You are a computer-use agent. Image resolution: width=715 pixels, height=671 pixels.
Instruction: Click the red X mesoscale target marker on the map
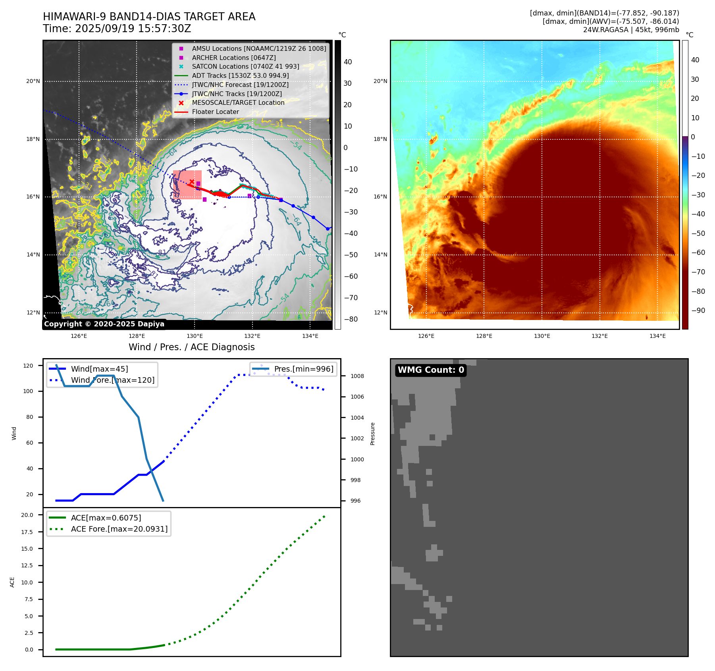click(x=192, y=181)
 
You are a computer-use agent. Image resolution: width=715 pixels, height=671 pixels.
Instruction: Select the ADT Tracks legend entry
click(x=240, y=75)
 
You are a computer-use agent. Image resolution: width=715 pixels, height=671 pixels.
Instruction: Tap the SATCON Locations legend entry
click(x=245, y=66)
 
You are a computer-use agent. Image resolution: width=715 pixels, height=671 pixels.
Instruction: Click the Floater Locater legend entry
click(x=215, y=112)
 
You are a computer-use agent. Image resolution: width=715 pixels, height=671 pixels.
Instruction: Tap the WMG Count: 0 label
click(x=431, y=370)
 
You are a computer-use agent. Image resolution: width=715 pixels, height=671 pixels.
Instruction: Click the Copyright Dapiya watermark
click(x=104, y=324)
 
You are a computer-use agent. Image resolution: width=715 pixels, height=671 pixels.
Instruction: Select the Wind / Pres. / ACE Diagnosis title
click(x=191, y=347)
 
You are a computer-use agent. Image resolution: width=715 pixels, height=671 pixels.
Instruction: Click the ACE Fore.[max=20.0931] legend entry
click(x=119, y=529)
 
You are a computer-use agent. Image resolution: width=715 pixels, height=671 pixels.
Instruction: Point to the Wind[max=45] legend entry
click(x=99, y=369)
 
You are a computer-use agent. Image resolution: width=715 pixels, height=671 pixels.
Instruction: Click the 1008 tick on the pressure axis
click(x=357, y=376)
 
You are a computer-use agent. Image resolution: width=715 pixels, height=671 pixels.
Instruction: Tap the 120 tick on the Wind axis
click(x=28, y=366)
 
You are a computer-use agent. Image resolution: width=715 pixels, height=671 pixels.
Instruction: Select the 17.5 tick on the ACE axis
click(x=27, y=532)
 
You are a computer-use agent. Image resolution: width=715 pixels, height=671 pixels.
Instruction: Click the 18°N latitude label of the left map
click(x=33, y=139)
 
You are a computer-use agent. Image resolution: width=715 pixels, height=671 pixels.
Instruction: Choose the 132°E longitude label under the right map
click(x=599, y=336)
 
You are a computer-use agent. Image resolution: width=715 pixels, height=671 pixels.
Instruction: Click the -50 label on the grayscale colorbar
click(x=351, y=255)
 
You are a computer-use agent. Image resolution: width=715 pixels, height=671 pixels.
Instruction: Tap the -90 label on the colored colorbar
click(x=698, y=310)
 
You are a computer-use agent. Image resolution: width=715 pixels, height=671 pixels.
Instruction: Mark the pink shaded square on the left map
click(x=187, y=185)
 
